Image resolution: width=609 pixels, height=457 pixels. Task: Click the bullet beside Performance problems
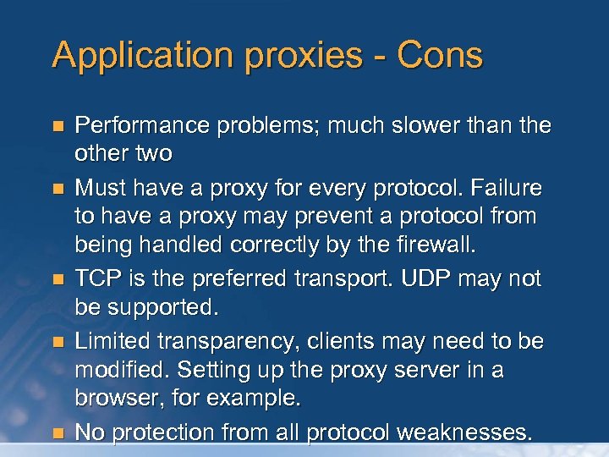pos(58,127)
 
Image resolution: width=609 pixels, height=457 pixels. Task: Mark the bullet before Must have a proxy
pos(58,187)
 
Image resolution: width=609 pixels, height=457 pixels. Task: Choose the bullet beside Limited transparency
pos(58,342)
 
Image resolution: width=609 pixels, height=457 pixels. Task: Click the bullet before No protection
pos(58,433)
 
